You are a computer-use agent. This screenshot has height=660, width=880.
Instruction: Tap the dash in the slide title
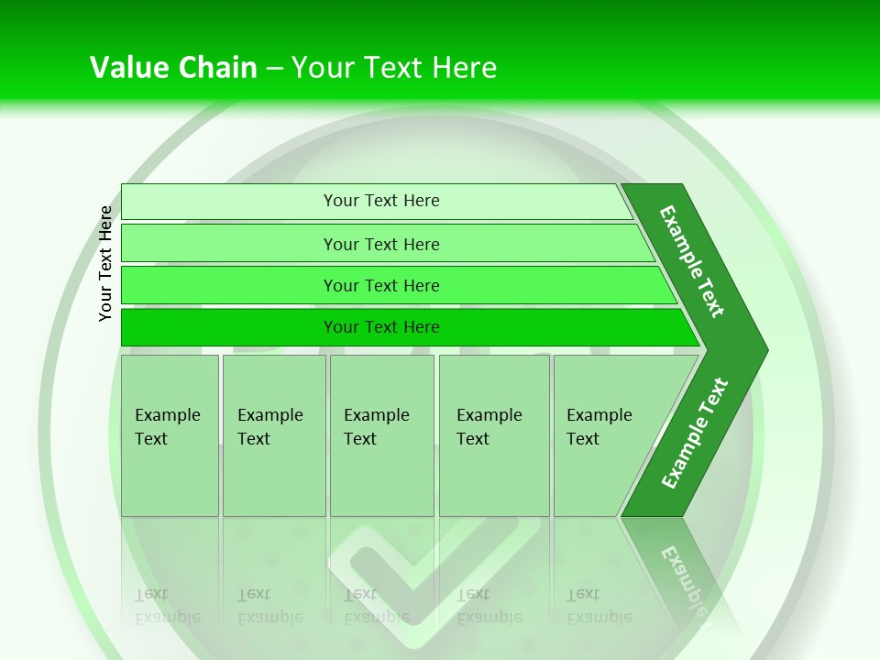(274, 69)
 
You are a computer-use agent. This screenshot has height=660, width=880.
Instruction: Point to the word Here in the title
(464, 68)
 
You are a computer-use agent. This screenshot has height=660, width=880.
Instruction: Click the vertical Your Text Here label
(105, 263)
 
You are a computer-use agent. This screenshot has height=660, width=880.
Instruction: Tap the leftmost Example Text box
(170, 435)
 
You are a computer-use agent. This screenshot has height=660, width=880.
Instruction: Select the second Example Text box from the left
(274, 435)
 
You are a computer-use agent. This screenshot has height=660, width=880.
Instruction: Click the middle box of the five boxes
(381, 435)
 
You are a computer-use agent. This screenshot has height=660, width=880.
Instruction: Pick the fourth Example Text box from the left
(494, 435)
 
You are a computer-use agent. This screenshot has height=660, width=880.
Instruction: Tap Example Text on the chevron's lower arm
(694, 434)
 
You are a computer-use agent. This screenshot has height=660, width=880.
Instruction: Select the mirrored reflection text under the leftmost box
(167, 606)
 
